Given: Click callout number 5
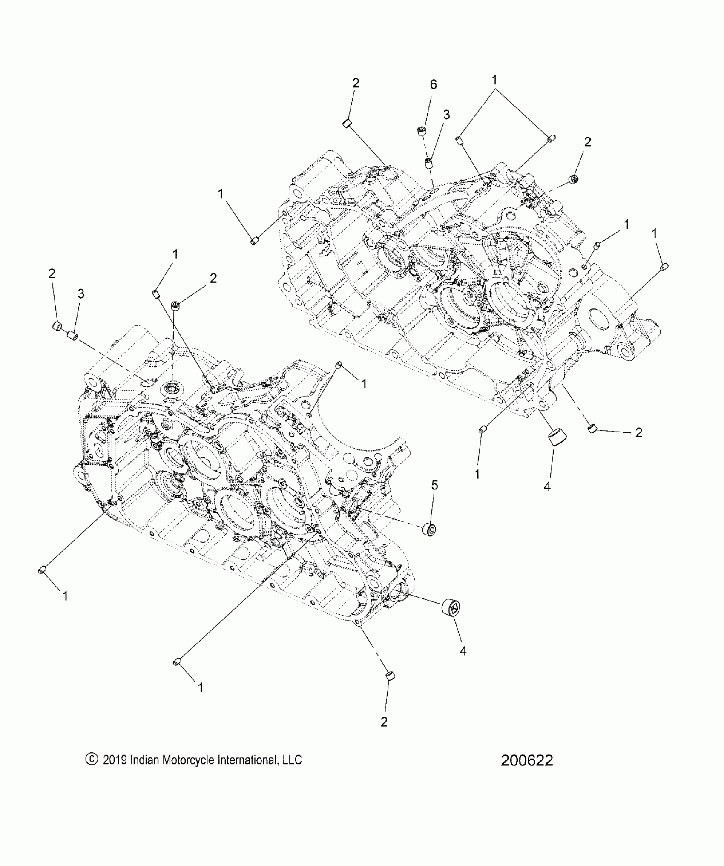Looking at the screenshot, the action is coord(434,486).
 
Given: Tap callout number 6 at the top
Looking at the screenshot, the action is coord(433,84).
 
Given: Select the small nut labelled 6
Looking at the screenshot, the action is coord(422,131).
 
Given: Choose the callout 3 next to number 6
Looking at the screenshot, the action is coord(446,115).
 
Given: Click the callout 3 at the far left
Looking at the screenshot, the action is coord(80,293).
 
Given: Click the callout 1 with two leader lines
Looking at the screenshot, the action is coord(494,80).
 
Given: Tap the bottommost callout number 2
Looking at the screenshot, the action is coord(384,722).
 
